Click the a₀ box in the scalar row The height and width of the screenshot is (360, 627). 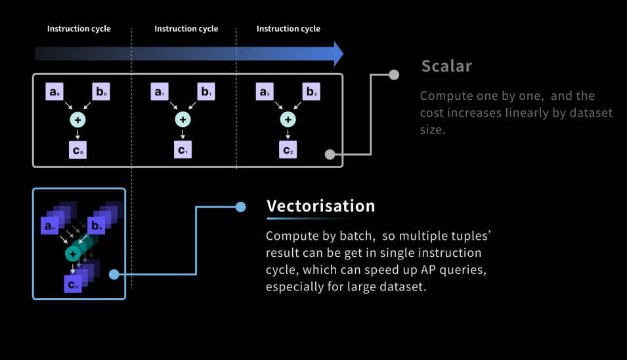54,92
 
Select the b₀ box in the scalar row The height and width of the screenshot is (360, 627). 102,92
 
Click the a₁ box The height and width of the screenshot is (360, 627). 159,92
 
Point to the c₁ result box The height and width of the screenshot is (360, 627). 183,150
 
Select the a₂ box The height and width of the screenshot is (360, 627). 263,92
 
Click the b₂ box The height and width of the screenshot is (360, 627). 311,92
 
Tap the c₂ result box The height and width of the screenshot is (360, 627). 288,150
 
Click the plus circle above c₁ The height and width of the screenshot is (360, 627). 183,120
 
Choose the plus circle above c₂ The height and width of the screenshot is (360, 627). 288,120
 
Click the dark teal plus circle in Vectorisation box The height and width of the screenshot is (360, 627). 72,254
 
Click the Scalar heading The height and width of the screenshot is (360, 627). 446,66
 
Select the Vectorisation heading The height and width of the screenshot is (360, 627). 320,206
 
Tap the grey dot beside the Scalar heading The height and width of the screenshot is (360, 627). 394,75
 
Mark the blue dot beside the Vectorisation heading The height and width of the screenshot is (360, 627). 240,207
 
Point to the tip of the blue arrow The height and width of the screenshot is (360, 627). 341,54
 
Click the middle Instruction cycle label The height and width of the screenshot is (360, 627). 186,29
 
